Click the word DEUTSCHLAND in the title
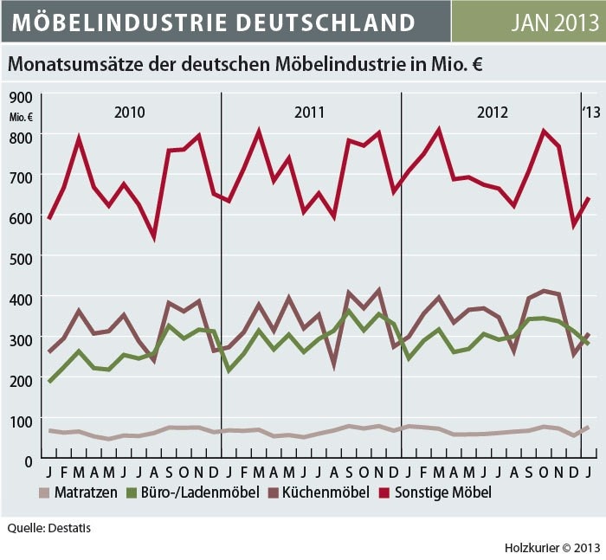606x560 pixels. (x=323, y=22)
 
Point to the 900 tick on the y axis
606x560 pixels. (x=21, y=97)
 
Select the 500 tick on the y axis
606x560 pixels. (x=21, y=258)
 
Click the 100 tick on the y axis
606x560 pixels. (x=21, y=420)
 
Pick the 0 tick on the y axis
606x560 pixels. (x=29, y=460)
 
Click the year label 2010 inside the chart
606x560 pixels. (x=130, y=113)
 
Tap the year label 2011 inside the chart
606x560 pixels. (x=309, y=113)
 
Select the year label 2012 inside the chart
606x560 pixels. (x=492, y=113)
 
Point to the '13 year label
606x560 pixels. (x=590, y=113)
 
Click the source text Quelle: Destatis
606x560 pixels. (x=49, y=527)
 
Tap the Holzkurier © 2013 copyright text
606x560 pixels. (x=552, y=547)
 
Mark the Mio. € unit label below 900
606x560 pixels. (x=22, y=116)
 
